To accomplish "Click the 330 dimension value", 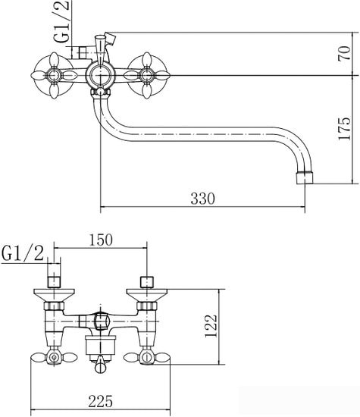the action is click(202, 199).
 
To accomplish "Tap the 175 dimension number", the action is click(345, 128).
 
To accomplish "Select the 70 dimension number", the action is click(345, 54).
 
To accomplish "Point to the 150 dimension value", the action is click(101, 240).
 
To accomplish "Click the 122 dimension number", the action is click(211, 326).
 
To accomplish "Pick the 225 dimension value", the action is click(101, 401).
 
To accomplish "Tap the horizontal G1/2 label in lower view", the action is click(23, 253).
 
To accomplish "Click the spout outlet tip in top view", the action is click(305, 177).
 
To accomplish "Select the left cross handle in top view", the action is click(54, 76).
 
